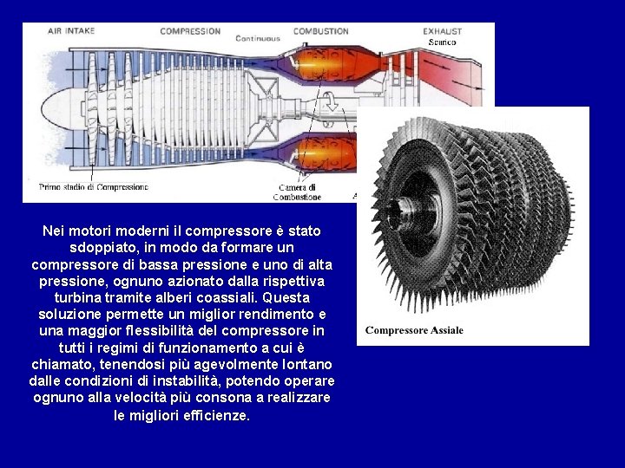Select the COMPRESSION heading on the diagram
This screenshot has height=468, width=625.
point(190,30)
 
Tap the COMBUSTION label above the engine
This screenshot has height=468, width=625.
point(320,30)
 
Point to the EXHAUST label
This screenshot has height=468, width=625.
point(442,31)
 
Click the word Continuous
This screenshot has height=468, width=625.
point(258,39)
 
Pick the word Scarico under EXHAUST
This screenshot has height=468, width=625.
point(443,42)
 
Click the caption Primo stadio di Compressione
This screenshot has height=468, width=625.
point(94,186)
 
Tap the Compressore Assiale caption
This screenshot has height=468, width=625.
point(414,329)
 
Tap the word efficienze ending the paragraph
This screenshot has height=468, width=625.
point(211,415)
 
